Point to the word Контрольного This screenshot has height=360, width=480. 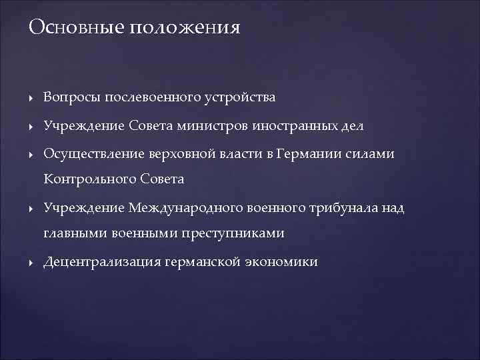89,179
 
